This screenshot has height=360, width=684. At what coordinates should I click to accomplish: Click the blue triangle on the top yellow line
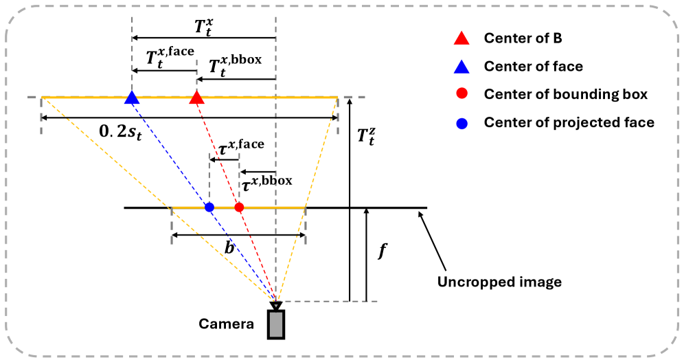(x=131, y=98)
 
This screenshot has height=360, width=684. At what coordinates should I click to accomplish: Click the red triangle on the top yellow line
(x=196, y=98)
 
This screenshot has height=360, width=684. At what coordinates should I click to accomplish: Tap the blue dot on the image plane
(x=209, y=207)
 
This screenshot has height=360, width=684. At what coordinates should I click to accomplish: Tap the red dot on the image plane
(x=239, y=207)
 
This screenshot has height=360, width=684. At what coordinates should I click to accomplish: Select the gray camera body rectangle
(x=276, y=325)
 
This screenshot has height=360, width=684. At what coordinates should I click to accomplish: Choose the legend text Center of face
(x=533, y=66)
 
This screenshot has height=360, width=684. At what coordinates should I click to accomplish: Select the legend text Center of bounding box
(x=565, y=94)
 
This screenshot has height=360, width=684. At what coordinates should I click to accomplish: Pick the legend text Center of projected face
(x=569, y=122)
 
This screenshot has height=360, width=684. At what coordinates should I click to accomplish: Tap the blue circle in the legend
(x=462, y=123)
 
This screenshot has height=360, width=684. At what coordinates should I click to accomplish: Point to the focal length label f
(x=383, y=251)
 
